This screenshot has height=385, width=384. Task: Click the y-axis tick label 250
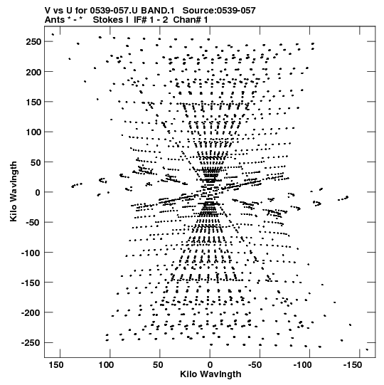tap(33, 42)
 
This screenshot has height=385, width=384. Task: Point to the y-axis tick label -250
tap(31, 343)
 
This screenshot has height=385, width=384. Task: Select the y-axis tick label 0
tap(38, 192)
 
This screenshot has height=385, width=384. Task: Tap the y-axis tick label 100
tap(33, 132)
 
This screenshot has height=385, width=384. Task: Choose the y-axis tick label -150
tap(31, 283)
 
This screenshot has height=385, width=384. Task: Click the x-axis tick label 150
tap(56, 365)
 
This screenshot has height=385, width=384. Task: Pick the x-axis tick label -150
tap(352, 365)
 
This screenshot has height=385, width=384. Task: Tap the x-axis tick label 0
tap(210, 365)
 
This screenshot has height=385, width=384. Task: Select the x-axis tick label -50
tap(255, 365)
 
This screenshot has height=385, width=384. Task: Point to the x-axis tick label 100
tap(106, 365)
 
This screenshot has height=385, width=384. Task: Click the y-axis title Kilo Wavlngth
tap(14, 191)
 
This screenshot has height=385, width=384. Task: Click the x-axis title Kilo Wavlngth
tap(210, 374)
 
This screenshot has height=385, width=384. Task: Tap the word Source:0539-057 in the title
tap(219, 11)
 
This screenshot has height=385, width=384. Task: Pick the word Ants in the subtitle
tap(55, 20)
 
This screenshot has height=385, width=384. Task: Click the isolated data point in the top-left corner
tap(53, 34)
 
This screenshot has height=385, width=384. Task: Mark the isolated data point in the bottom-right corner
tap(367, 349)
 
